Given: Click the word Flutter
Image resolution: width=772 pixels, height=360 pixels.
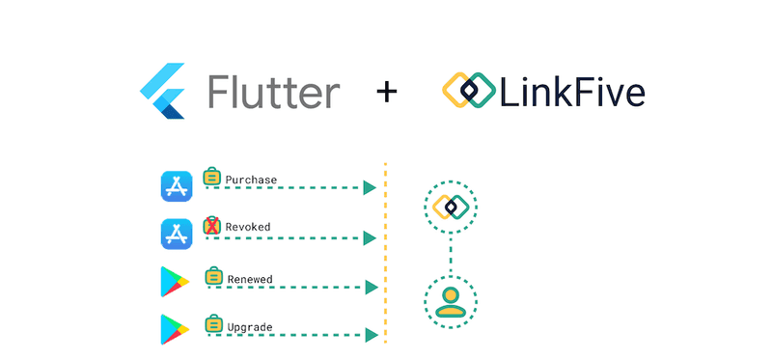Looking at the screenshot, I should tap(273, 92).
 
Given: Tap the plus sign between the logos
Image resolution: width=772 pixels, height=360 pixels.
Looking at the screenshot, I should tap(387, 93).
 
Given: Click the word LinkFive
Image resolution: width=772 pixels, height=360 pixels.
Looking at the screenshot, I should tap(573, 92).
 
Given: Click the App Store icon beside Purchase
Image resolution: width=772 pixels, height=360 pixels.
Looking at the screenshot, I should tap(176, 186).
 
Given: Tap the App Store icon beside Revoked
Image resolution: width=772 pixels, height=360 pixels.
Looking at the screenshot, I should tap(176, 235).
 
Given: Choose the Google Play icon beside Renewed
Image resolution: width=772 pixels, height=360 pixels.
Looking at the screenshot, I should tap(176, 284).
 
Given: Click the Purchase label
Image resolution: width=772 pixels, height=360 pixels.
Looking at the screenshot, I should tap(251, 180).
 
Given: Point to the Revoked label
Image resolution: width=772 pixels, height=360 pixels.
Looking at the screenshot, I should tap(248, 228).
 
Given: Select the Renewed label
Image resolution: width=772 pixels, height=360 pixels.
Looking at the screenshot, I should tap(250, 280).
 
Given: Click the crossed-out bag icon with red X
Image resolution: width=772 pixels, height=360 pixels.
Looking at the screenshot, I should tap(212, 226).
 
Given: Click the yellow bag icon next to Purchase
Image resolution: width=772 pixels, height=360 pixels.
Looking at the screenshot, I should tap(212, 177).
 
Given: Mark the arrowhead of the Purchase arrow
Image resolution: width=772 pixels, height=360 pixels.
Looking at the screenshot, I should tap(369, 188).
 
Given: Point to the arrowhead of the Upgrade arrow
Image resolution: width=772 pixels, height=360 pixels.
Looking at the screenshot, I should tap(369, 335).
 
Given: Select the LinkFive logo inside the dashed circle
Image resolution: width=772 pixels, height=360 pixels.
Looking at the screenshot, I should tap(450, 207).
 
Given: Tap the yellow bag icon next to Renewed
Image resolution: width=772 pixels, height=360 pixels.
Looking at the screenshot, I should tap(213, 277).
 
